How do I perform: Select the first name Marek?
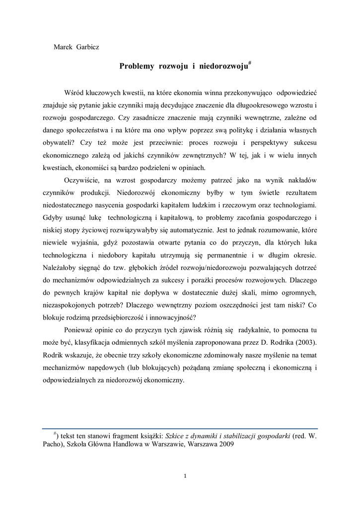point(63,47)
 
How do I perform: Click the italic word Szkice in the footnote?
point(175,436)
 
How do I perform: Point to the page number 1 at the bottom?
point(185,477)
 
